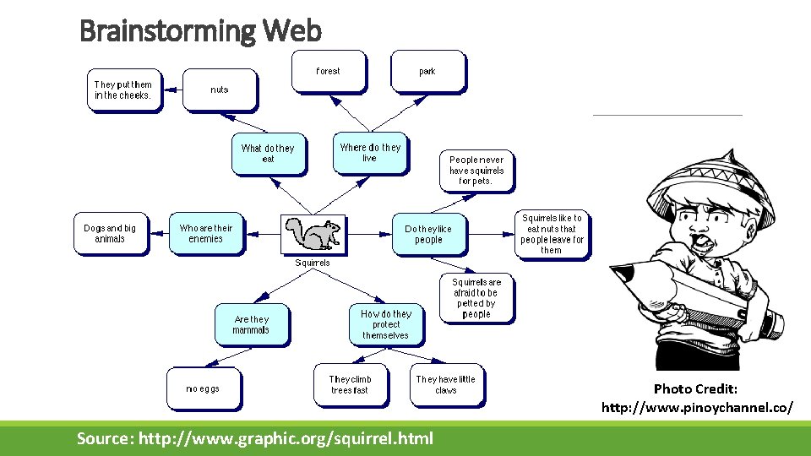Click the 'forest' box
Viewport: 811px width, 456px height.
pos(328,71)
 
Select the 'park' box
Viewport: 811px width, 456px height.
pos(427,71)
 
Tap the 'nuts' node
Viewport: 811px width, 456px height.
pos(220,90)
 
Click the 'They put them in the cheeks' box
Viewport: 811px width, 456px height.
pos(123,90)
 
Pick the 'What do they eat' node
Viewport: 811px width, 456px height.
pos(268,153)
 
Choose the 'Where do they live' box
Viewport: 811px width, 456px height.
pos(369,152)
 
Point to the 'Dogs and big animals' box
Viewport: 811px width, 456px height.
pos(110,233)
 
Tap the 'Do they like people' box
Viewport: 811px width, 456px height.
pos(428,234)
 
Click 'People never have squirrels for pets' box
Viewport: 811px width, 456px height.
pos(476,170)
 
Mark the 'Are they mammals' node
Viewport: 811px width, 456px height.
pos(252,324)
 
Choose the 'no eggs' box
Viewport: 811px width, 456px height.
pos(203,388)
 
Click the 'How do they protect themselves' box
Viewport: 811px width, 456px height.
pos(385,324)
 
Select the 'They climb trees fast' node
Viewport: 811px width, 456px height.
pos(350,384)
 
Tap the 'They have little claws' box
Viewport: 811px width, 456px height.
pos(445,384)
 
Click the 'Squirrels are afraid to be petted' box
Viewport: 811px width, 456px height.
pos(476,298)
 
